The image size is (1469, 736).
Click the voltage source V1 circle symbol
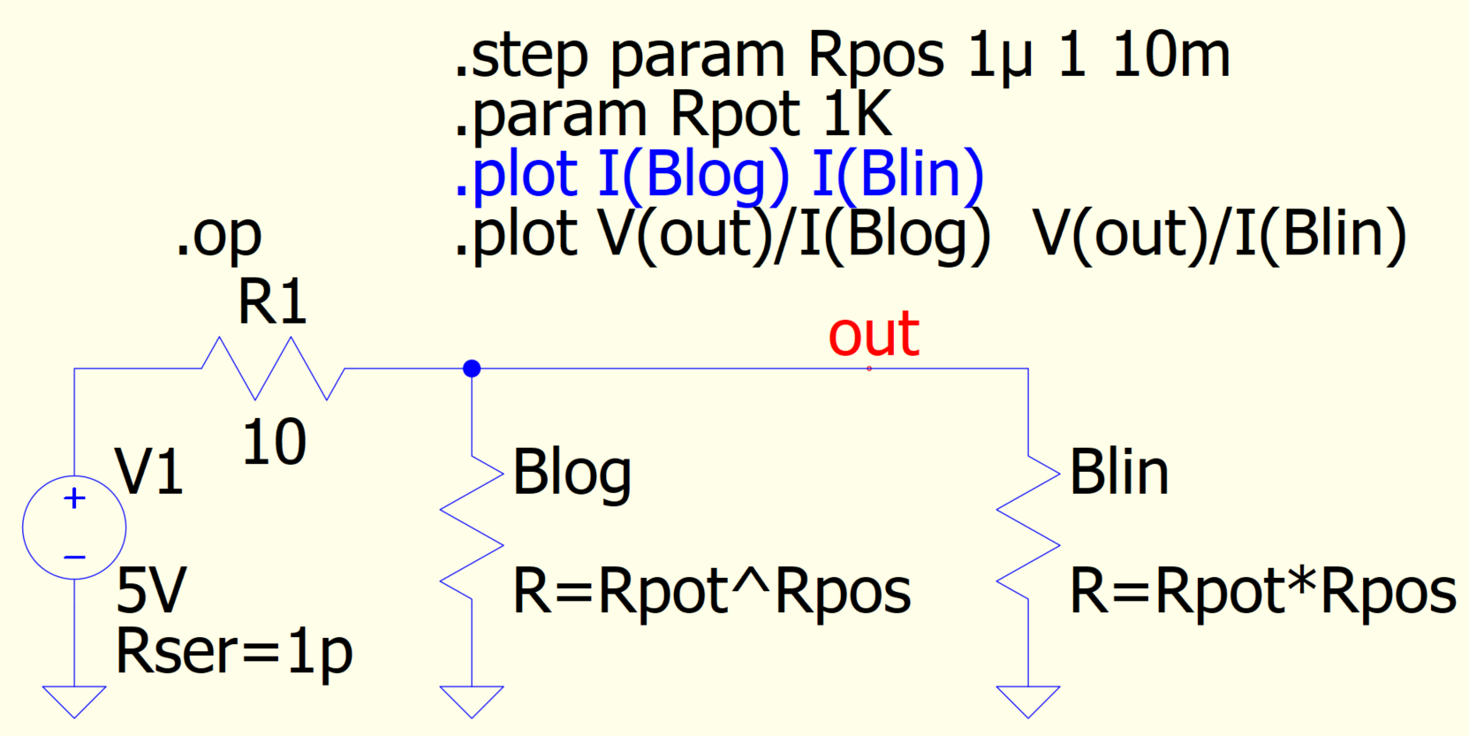tap(74, 527)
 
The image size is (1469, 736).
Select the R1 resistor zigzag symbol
tap(273, 368)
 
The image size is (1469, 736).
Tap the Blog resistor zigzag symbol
tap(472, 527)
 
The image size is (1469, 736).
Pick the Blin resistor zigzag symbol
tap(1027, 527)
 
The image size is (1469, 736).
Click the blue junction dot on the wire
tap(472, 368)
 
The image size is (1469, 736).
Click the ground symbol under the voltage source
tap(74, 701)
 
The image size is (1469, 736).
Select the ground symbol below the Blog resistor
tap(472, 701)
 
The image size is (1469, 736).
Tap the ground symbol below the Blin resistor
tap(1027, 701)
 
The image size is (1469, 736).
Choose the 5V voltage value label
tap(151, 590)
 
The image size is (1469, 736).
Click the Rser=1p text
tap(234, 652)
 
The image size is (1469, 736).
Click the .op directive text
tap(218, 235)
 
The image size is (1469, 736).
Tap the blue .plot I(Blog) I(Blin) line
tap(718, 174)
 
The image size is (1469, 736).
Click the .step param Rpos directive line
tap(842, 56)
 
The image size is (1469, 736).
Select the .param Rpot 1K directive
tap(672, 115)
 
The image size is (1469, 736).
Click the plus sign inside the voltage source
tap(75, 498)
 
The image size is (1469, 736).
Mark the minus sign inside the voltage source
tap(75, 558)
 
